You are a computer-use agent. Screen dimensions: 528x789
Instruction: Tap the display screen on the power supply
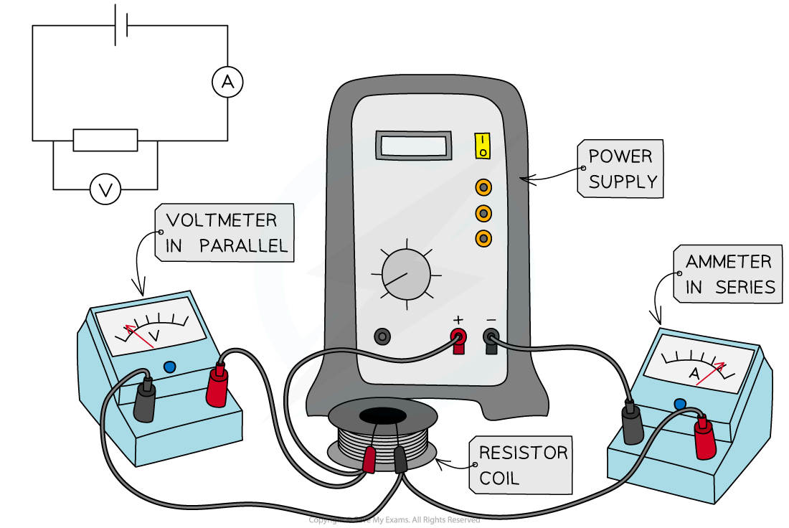(414, 146)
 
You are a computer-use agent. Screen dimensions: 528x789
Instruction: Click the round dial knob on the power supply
(406, 274)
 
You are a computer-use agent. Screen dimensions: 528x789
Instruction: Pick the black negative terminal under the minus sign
(491, 336)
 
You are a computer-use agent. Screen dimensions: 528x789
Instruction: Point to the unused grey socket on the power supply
(383, 336)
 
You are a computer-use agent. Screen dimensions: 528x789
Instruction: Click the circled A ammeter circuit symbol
(227, 82)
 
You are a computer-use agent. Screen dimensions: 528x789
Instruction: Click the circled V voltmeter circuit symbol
(105, 190)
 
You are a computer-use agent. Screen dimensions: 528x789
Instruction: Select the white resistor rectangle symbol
(105, 140)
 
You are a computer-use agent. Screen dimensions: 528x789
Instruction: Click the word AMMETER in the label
(728, 262)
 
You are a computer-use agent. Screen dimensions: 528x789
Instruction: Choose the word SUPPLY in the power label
(623, 182)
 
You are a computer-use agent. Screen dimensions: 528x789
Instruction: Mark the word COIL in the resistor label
(499, 478)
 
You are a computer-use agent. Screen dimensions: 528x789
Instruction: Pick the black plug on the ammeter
(632, 425)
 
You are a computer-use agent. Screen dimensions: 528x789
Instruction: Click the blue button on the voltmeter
(169, 367)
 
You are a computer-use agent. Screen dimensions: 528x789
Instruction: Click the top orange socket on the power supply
(484, 188)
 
